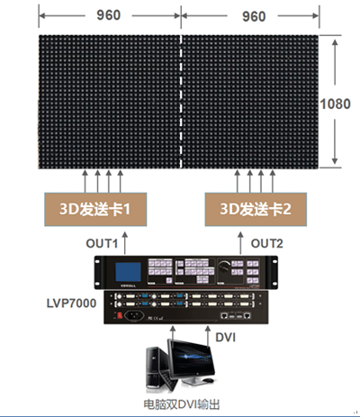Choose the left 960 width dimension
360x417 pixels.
tap(108, 16)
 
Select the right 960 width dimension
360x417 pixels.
tap(256, 16)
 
